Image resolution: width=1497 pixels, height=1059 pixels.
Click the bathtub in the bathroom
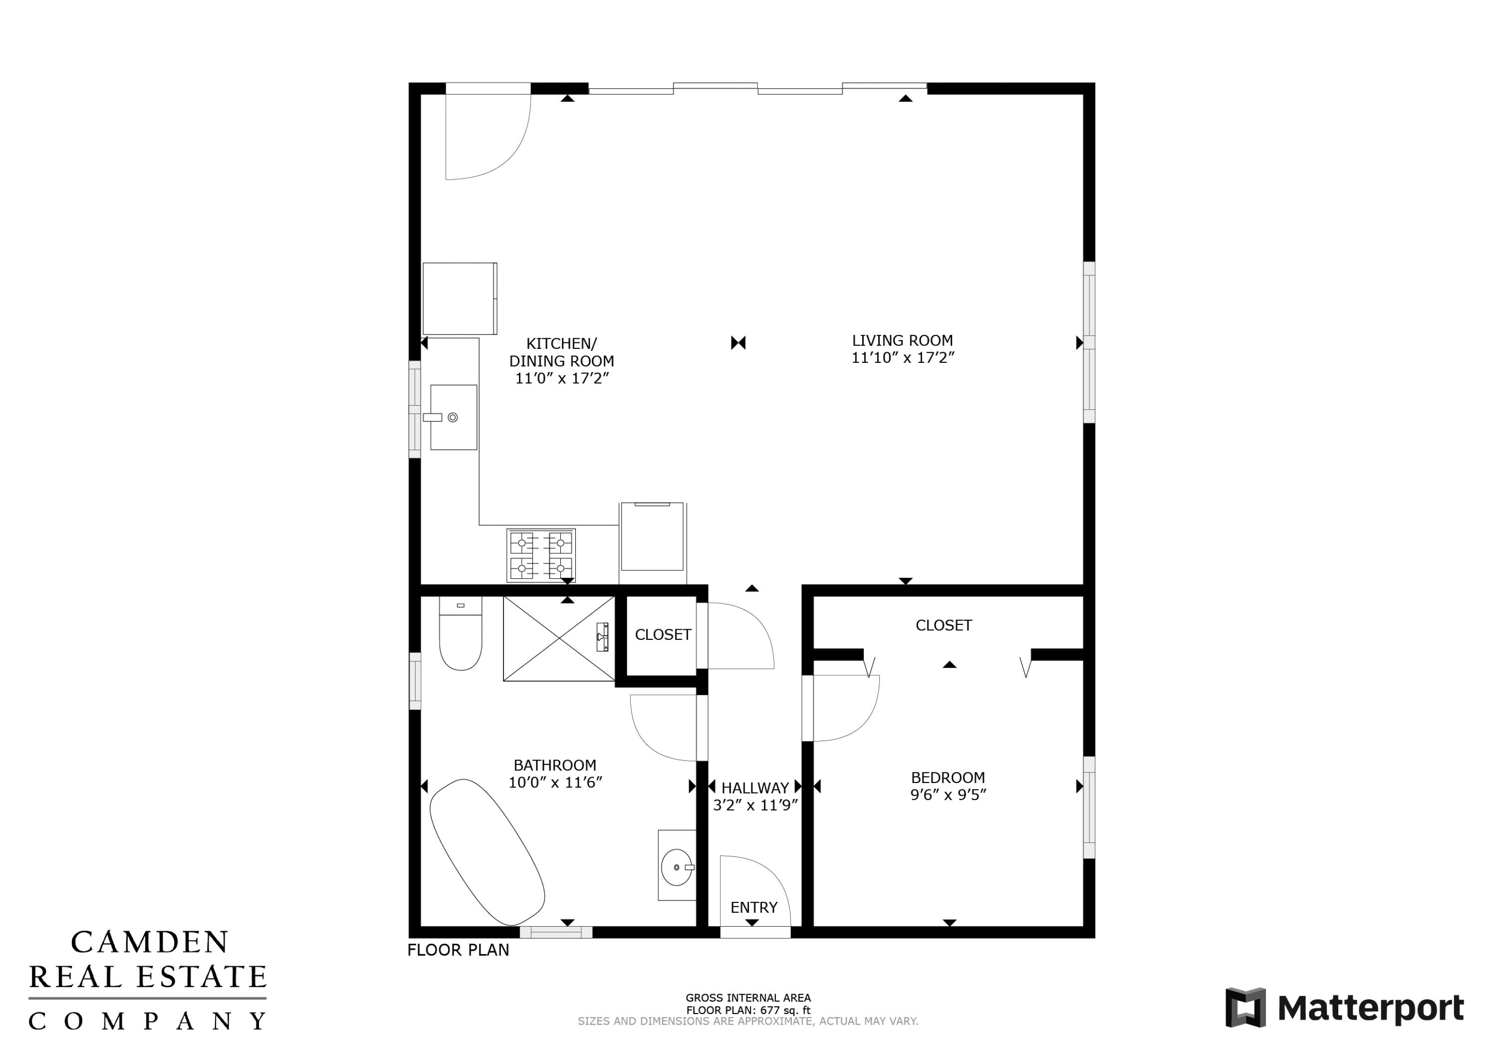pyautogui.click(x=487, y=851)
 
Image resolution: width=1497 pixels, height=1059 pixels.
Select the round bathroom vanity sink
pyautogui.click(x=676, y=867)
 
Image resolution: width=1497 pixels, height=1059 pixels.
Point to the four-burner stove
pyautogui.click(x=541, y=555)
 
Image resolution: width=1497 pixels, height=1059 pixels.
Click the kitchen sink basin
pyautogui.click(x=454, y=417)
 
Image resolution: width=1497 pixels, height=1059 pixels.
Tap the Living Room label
pyautogui.click(x=902, y=340)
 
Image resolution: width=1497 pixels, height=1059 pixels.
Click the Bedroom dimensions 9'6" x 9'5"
pyautogui.click(x=948, y=794)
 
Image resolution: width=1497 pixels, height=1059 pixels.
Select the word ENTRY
pyautogui.click(x=753, y=907)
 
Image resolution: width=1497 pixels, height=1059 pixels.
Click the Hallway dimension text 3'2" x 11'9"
pyautogui.click(x=755, y=805)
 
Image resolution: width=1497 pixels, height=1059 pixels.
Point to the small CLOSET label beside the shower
pyautogui.click(x=663, y=634)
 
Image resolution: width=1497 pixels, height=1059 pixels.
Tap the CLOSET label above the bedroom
pyautogui.click(x=944, y=625)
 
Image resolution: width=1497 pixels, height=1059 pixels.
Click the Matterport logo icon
pyautogui.click(x=1246, y=1008)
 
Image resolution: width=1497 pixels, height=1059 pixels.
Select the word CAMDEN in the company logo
pyautogui.click(x=149, y=942)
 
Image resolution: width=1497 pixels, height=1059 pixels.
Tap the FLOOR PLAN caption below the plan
pyautogui.click(x=459, y=950)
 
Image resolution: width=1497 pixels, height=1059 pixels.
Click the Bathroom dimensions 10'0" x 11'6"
pyautogui.click(x=555, y=782)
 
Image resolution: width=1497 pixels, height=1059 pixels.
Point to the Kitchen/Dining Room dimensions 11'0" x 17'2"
pyautogui.click(x=562, y=378)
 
